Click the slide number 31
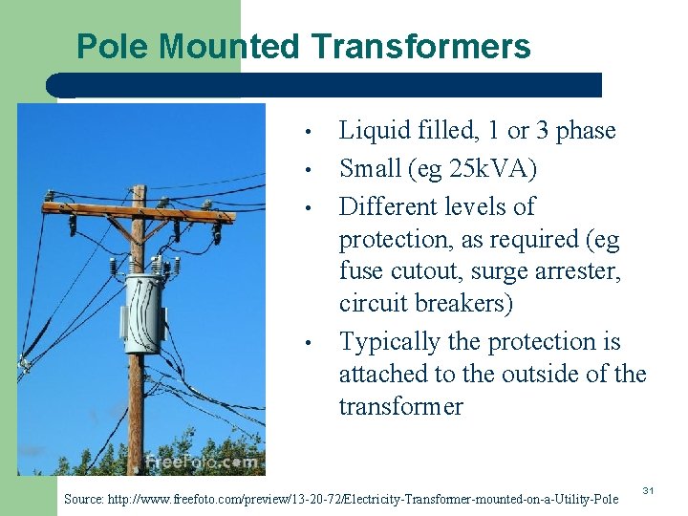coord(647,490)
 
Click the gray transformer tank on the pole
coord(145,312)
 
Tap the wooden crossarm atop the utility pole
coord(139,207)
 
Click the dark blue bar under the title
coord(330,84)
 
